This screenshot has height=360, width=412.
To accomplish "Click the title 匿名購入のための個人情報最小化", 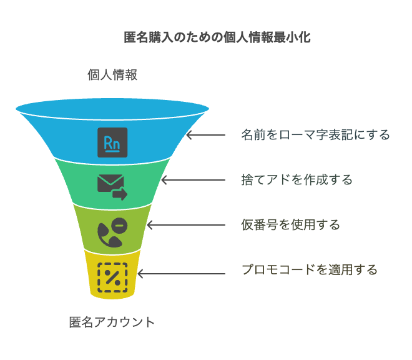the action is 217,37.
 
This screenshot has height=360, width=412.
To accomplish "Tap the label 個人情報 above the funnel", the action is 112,75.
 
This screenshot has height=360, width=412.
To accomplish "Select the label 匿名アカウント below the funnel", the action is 112,322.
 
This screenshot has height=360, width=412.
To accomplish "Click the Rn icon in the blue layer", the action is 112,142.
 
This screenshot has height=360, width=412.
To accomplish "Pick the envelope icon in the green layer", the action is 112,187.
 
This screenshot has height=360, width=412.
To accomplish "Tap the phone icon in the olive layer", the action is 112,232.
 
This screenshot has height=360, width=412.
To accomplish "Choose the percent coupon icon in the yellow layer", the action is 112,277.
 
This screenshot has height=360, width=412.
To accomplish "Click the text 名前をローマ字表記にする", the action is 316,135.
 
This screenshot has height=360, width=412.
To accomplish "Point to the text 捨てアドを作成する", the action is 297,180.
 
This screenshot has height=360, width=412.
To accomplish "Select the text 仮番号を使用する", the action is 291,225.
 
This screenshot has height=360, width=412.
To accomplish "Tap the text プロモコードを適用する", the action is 310,270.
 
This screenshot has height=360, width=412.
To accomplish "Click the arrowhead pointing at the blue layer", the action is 189,135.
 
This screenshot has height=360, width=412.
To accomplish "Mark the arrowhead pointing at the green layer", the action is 164,180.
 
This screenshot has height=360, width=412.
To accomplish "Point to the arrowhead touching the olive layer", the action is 150,225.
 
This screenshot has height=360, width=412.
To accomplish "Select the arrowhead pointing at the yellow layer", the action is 140,274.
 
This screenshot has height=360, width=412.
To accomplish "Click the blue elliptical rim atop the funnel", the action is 112,108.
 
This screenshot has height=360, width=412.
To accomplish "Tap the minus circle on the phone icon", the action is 120,226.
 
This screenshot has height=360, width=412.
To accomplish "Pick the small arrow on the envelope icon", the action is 120,194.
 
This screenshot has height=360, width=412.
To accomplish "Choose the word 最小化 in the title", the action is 292,37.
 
